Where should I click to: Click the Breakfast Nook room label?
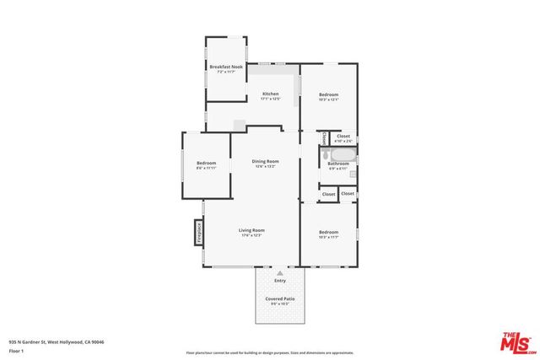[225, 66]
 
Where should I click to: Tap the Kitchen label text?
[270, 94]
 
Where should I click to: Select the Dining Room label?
[266, 161]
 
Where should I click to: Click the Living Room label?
[251, 230]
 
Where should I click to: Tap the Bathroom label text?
[338, 163]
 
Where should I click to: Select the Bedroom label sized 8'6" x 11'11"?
[207, 163]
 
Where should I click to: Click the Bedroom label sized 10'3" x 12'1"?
[328, 94]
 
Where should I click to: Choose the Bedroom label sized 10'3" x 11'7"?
[328, 232]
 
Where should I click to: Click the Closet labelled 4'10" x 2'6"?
[343, 136]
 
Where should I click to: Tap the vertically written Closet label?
[325, 137]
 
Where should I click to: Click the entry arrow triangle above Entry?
[279, 273]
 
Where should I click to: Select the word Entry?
[279, 281]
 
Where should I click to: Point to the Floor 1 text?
[16, 351]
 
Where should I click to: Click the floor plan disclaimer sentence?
[270, 352]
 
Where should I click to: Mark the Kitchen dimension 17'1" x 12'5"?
[270, 99]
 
